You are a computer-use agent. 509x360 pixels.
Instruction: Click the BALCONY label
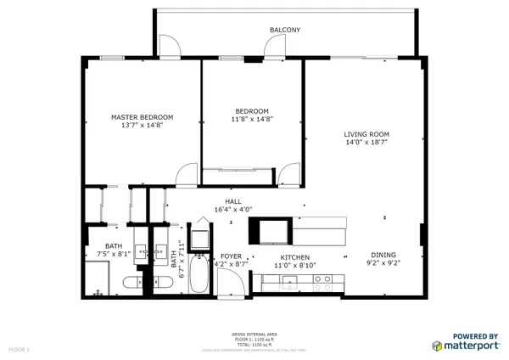click(x=285, y=30)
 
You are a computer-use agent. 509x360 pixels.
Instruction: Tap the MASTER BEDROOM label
click(x=143, y=117)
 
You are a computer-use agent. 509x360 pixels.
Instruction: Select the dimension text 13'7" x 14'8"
click(x=143, y=127)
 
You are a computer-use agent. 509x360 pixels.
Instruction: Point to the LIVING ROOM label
click(x=366, y=134)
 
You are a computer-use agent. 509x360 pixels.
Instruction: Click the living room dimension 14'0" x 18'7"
click(x=366, y=143)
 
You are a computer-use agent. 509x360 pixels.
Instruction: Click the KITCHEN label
click(x=295, y=257)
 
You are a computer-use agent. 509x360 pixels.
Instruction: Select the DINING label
click(x=383, y=255)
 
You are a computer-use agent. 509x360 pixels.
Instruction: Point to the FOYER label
click(x=231, y=256)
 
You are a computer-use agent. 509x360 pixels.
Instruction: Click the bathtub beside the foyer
click(x=199, y=274)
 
